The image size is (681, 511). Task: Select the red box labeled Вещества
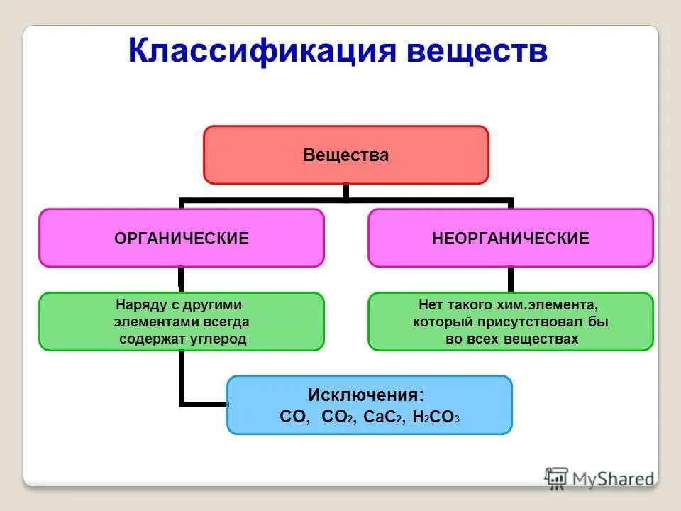point(346,155)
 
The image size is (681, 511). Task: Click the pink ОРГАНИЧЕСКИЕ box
point(182,238)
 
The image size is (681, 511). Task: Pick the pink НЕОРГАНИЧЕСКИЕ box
point(511,238)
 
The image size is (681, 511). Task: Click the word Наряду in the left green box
point(139,305)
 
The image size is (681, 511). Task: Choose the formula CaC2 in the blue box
point(383,417)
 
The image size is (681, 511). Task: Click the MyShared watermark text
point(614,479)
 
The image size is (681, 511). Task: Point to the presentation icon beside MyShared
point(557,478)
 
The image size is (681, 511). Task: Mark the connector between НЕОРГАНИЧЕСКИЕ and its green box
point(511,280)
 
